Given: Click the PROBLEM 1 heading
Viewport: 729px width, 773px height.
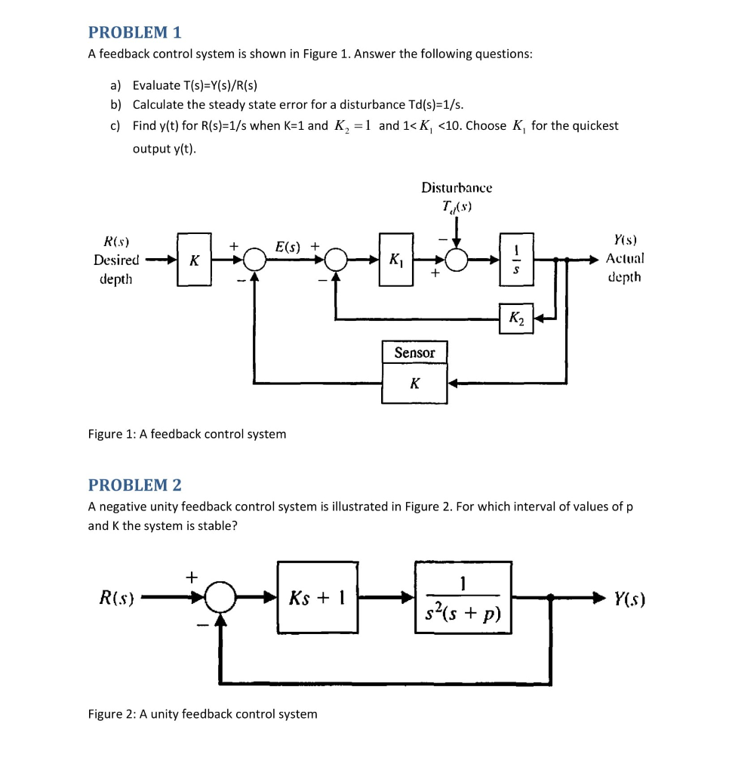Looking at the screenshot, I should point(135,32).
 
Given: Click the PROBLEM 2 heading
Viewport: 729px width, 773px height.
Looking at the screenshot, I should point(135,485).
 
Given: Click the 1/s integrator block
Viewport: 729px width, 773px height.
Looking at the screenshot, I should point(515,259).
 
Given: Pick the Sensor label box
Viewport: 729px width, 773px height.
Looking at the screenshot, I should point(414,353).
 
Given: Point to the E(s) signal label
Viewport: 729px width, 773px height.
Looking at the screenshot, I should point(288,246).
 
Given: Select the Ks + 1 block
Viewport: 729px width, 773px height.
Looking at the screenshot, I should point(317,598).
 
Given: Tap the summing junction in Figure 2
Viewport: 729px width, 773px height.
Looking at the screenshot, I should point(220,599).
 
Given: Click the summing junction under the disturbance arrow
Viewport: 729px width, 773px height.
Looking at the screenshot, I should point(456,260).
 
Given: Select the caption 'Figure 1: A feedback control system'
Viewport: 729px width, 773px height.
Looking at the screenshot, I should point(187,434).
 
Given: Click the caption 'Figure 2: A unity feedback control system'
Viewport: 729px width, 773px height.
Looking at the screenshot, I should point(202,713).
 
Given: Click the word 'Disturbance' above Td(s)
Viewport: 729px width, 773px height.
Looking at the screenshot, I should point(457,186).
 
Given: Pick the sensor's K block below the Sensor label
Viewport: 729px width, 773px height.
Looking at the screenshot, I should point(414,383).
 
